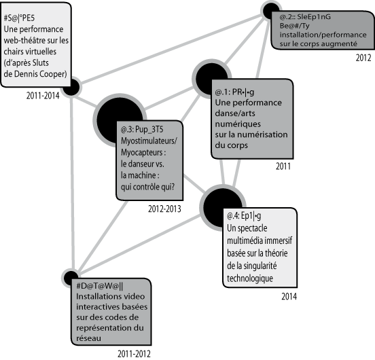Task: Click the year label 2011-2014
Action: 43,96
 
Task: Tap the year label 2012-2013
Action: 164,209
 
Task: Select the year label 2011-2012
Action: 134,354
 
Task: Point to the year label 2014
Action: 289,296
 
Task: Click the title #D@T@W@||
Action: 99,286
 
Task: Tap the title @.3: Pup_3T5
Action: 142,129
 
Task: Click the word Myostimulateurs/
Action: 149,141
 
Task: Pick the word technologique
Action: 250,278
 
